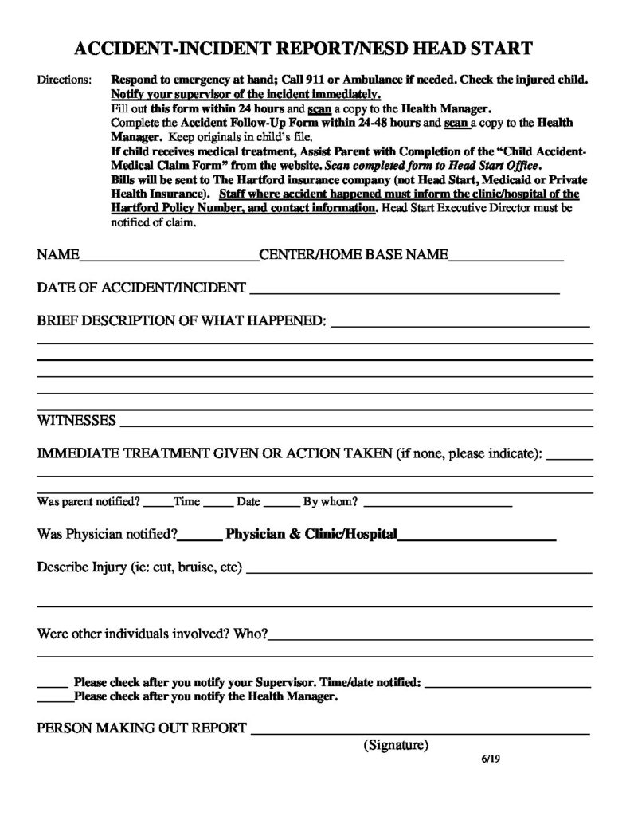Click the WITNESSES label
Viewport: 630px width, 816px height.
click(x=77, y=420)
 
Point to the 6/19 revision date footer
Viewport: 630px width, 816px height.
click(x=490, y=759)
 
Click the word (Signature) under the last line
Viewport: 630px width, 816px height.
click(x=396, y=746)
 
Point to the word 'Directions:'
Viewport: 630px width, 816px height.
click(x=65, y=81)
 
